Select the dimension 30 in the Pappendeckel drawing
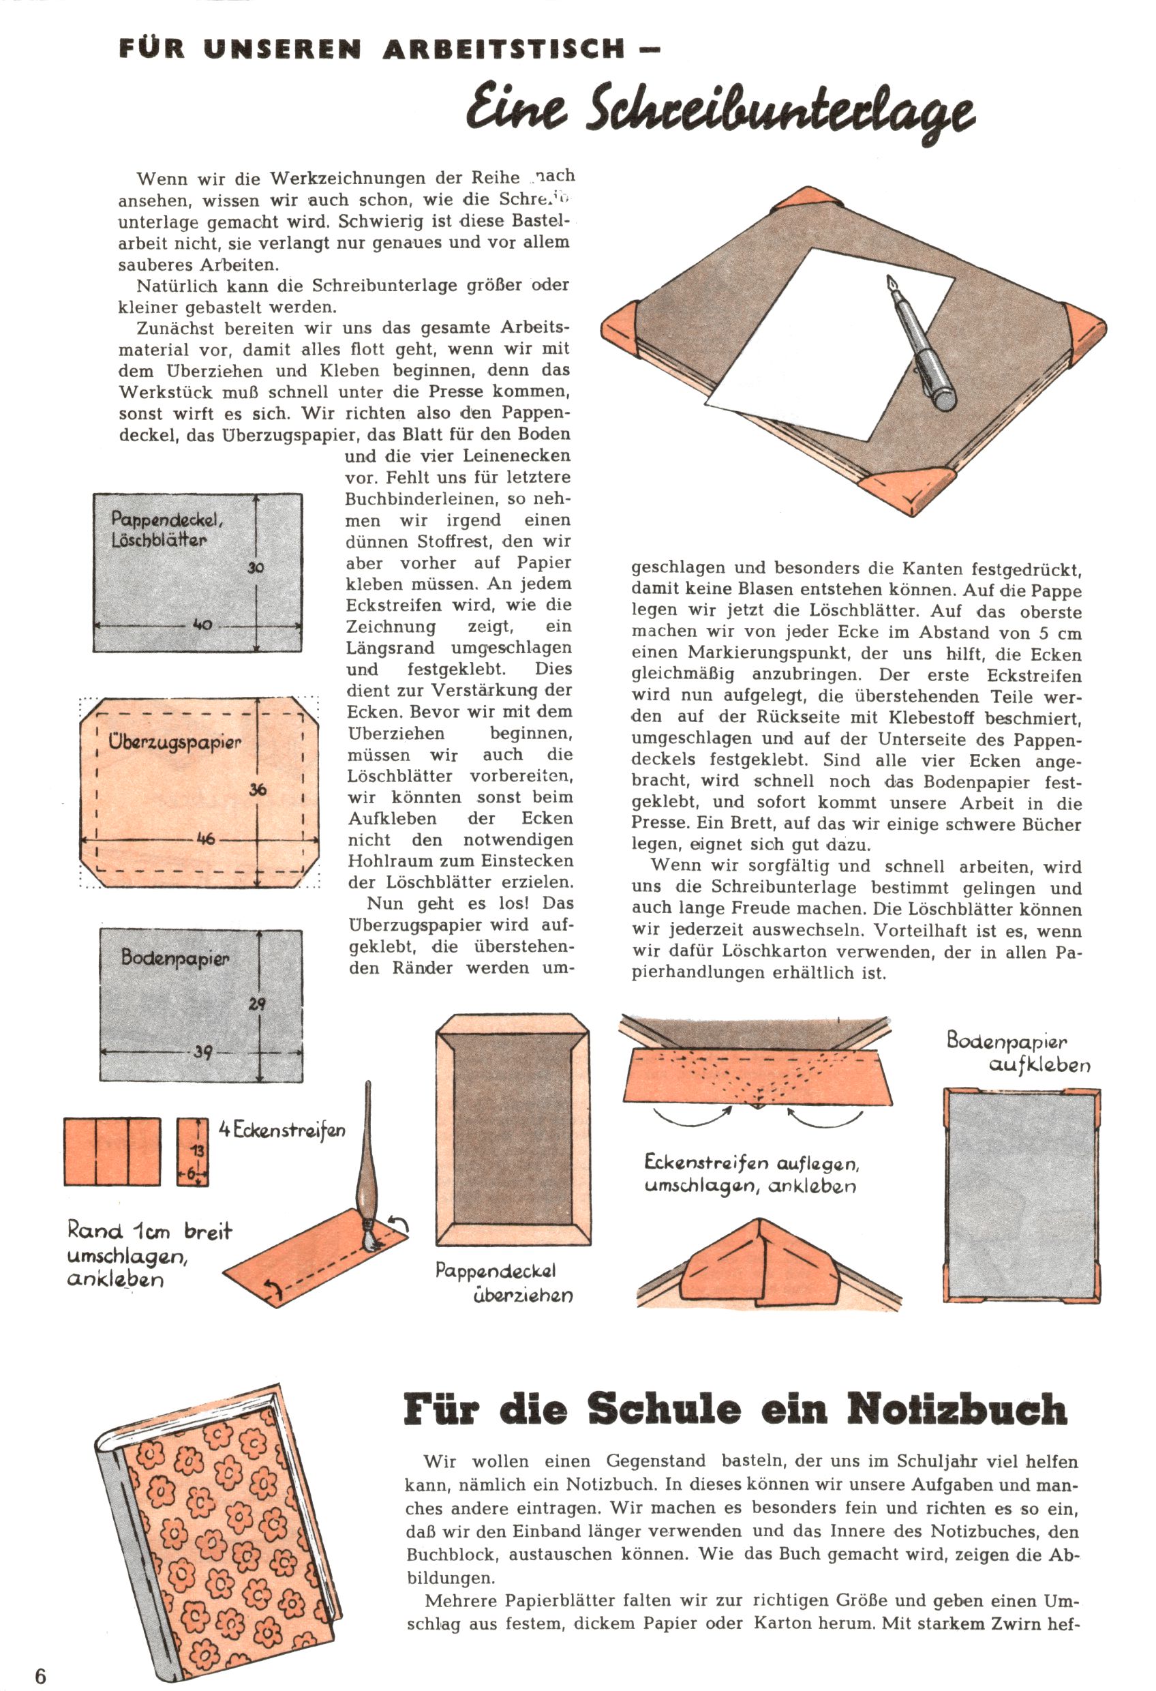(x=256, y=567)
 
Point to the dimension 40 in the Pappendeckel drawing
(x=202, y=625)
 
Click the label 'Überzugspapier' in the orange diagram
(x=174, y=743)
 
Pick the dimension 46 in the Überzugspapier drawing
(x=206, y=838)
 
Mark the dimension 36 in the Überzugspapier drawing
(x=258, y=789)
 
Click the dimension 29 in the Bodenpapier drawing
(x=257, y=1004)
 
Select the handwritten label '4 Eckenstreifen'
(x=282, y=1130)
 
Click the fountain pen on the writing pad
(x=920, y=342)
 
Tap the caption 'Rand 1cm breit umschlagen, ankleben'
(x=149, y=1255)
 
